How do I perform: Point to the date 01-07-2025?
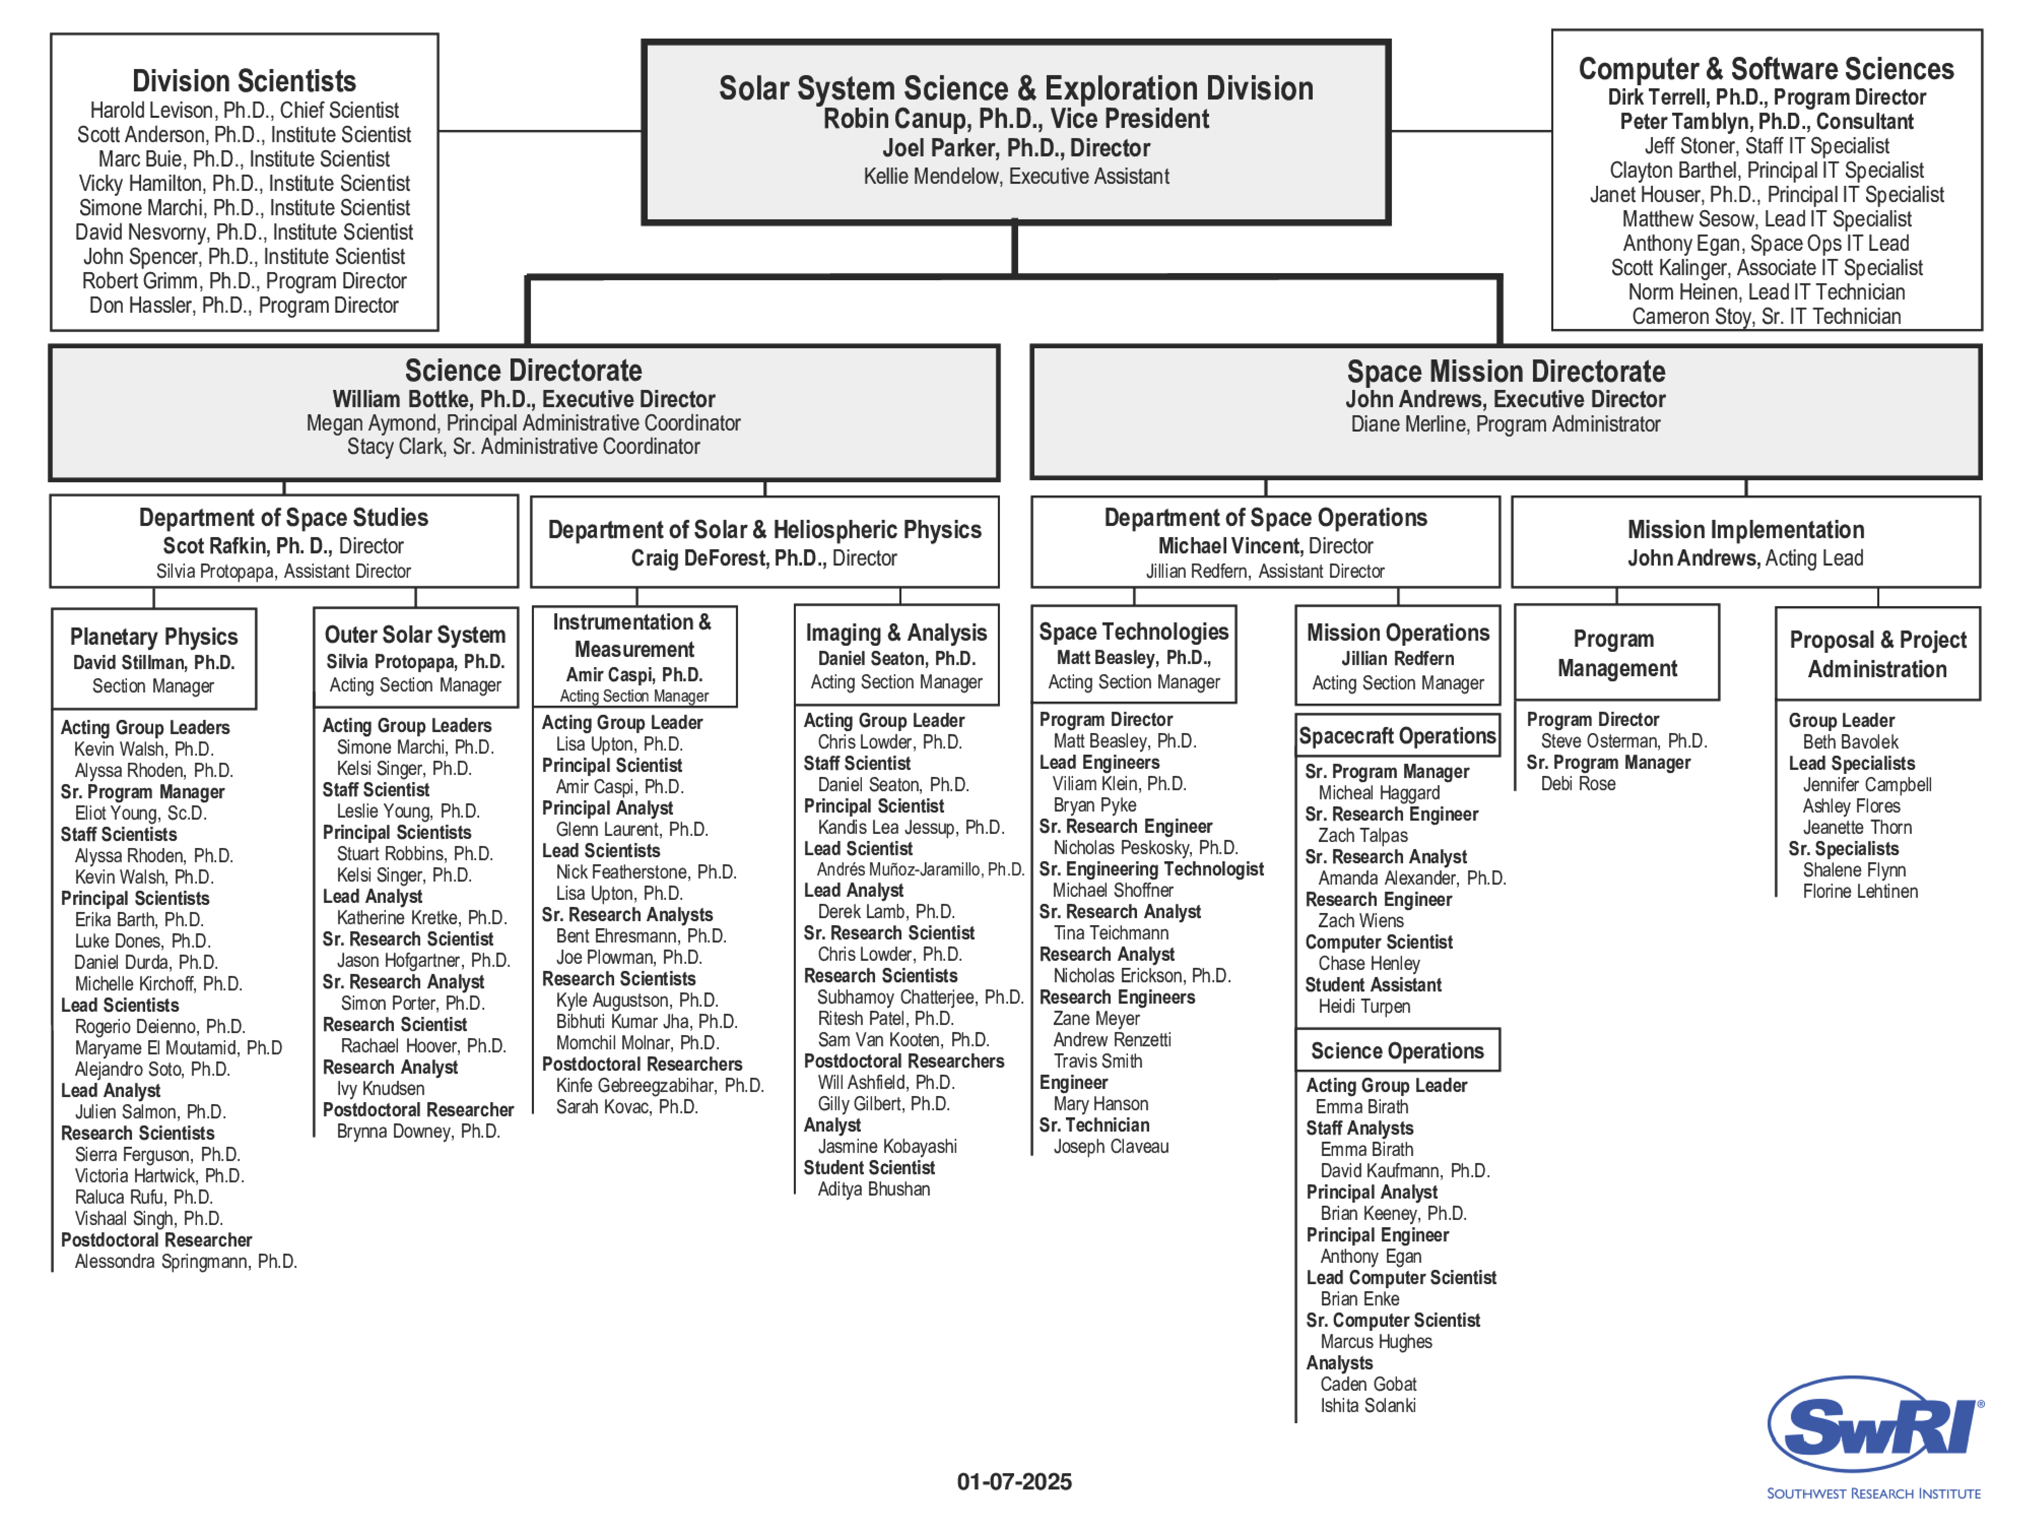[x=1014, y=1482]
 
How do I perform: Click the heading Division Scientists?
[x=244, y=81]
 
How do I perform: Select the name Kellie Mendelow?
[x=930, y=176]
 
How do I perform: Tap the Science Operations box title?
[x=1397, y=1051]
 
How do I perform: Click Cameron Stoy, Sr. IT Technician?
[x=1766, y=317]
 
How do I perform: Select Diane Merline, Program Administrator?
[x=1505, y=424]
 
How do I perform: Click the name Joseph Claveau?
[x=1110, y=1147]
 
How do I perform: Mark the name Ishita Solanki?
[x=1367, y=1406]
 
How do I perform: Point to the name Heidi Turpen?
[x=1364, y=1006]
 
